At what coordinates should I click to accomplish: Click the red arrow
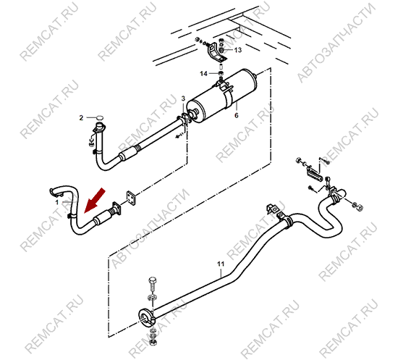94,201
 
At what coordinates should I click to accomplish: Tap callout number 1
57,203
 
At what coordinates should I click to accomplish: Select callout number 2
81,118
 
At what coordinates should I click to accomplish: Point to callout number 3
183,99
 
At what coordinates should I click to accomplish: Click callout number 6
237,116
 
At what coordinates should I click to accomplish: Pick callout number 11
221,264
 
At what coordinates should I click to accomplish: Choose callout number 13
238,50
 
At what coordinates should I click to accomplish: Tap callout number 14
203,74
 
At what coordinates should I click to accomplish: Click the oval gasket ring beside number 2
100,117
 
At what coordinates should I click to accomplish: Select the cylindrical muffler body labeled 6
221,96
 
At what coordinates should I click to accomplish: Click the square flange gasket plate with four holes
130,198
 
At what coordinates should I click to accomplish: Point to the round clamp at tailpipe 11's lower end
145,318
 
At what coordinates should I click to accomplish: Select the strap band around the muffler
228,99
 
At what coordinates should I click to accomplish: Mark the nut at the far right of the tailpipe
359,207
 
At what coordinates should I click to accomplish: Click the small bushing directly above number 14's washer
221,67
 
